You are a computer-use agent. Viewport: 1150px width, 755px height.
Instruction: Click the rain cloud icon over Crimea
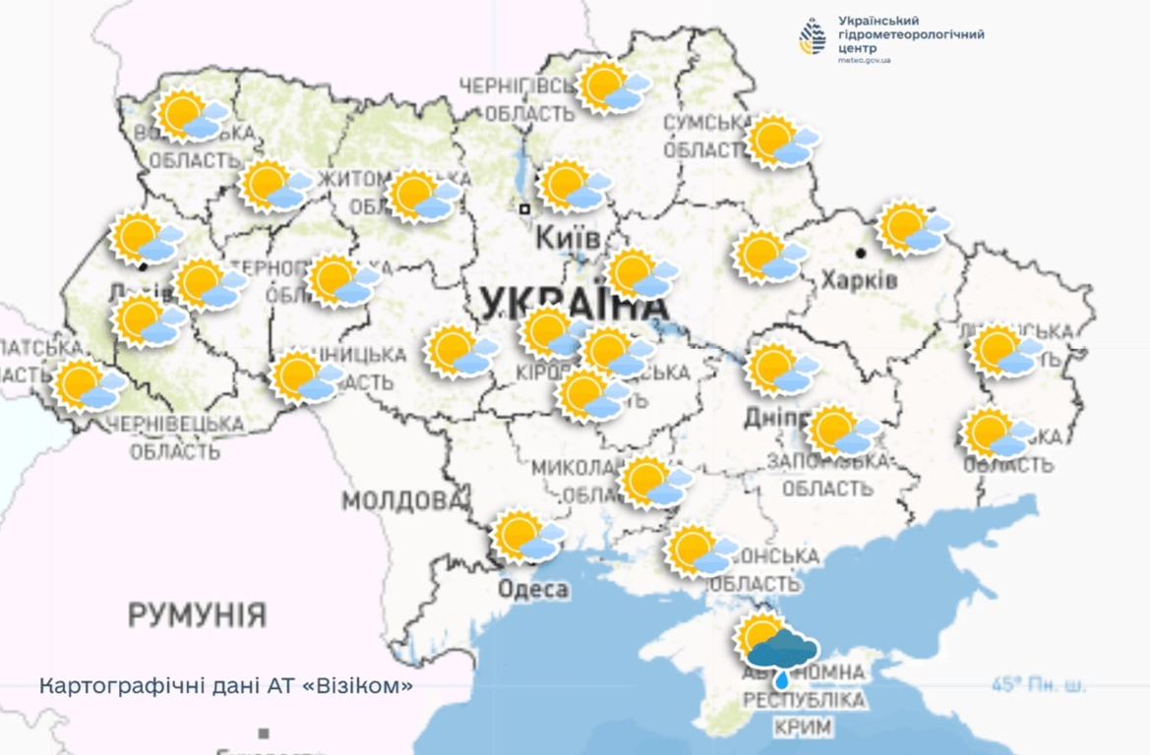click(x=781, y=652)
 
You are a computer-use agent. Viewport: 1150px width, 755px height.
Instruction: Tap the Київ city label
click(x=568, y=239)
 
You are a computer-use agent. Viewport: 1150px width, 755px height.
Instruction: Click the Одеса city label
click(x=533, y=590)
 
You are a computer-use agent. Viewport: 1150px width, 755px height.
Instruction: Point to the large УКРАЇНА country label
click(x=575, y=305)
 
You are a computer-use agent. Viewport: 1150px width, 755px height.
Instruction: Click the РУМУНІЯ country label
click(x=197, y=615)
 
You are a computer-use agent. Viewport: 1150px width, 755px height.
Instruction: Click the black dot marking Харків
click(x=861, y=254)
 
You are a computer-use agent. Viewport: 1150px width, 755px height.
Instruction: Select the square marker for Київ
click(x=525, y=208)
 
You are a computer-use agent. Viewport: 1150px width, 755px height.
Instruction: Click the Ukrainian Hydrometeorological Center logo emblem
click(x=813, y=36)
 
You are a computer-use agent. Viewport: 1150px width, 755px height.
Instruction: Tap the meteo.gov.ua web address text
click(x=865, y=60)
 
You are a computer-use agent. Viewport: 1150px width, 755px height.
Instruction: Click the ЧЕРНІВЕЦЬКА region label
click(x=176, y=424)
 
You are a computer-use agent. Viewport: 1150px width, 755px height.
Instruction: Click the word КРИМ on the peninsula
click(x=803, y=727)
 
